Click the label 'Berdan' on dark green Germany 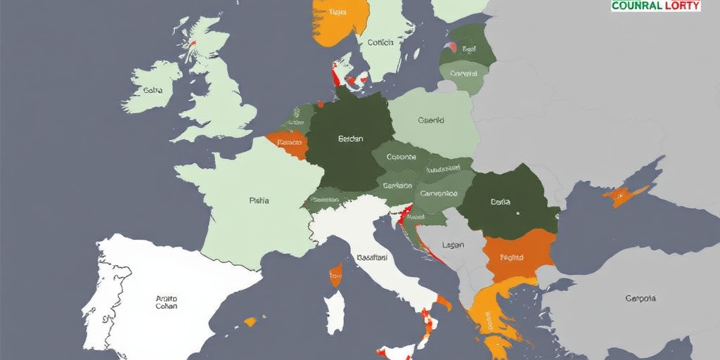pyautogui.click(x=349, y=139)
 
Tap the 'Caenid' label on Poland pyautogui.click(x=430, y=120)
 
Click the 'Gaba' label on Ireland pyautogui.click(x=153, y=90)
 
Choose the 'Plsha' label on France pyautogui.click(x=259, y=200)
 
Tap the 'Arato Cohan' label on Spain pyautogui.click(x=167, y=302)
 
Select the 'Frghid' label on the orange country pyautogui.click(x=511, y=257)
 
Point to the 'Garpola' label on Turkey pyautogui.click(x=641, y=298)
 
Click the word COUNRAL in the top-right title pyautogui.click(x=636, y=6)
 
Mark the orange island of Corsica pyautogui.click(x=335, y=275)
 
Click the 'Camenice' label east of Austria pyautogui.click(x=439, y=193)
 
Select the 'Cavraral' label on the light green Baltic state pyautogui.click(x=463, y=72)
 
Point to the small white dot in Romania pyautogui.click(x=517, y=212)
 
